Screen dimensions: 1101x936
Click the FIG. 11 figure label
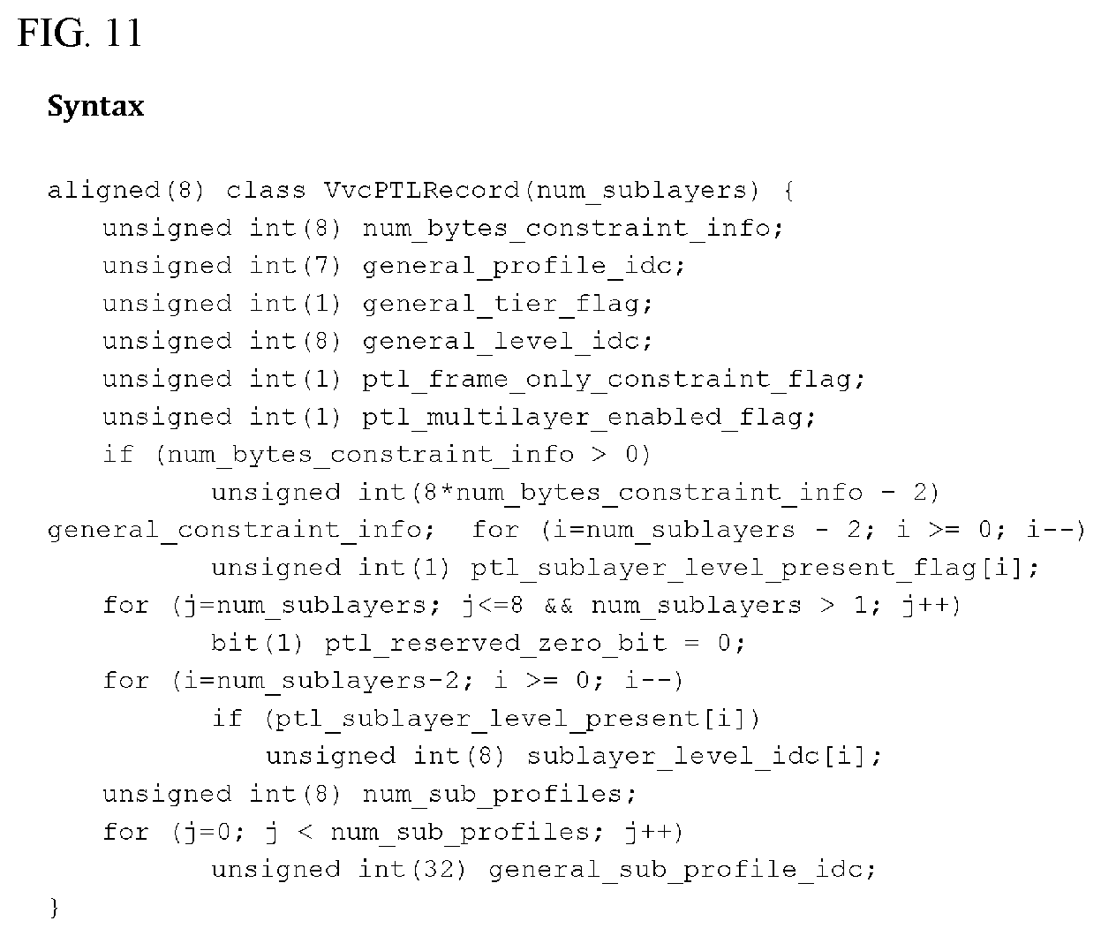79,33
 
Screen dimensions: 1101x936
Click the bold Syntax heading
96,107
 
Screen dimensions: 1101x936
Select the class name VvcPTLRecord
421,190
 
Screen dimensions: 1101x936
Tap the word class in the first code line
266,190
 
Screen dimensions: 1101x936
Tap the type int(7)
295,266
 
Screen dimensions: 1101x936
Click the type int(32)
411,870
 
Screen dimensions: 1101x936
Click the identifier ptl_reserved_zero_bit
496,644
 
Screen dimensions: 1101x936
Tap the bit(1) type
257,643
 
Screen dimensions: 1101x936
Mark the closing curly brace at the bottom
54,907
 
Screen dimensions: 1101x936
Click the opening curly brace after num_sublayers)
789,190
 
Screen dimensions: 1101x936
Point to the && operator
558,606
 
